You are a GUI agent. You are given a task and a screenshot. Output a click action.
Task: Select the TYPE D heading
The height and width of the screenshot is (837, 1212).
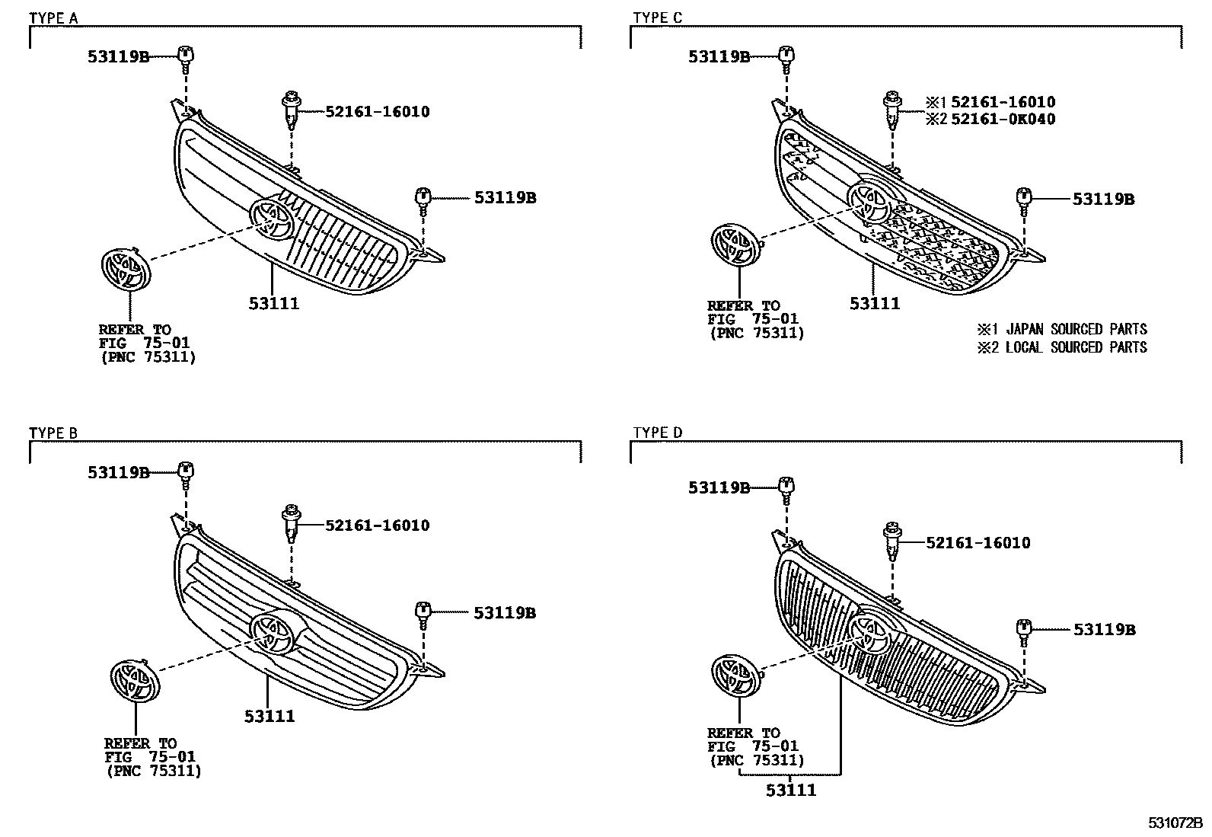click(x=658, y=433)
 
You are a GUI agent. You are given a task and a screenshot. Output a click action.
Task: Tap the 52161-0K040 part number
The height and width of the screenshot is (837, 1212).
click(x=1003, y=119)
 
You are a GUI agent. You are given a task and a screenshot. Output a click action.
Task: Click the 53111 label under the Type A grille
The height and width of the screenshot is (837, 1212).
click(x=273, y=304)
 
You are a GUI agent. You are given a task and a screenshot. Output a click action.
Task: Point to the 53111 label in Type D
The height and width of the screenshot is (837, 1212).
click(x=791, y=790)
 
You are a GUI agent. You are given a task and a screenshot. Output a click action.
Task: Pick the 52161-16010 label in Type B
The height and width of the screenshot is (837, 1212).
click(x=377, y=525)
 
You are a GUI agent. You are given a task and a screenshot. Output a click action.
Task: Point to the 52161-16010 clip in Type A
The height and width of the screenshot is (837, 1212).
click(x=290, y=110)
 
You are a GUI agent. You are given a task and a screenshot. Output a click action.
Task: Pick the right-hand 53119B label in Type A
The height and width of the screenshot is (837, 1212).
click(x=505, y=198)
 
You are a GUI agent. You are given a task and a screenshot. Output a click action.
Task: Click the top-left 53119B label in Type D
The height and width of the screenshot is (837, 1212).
click(x=719, y=488)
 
